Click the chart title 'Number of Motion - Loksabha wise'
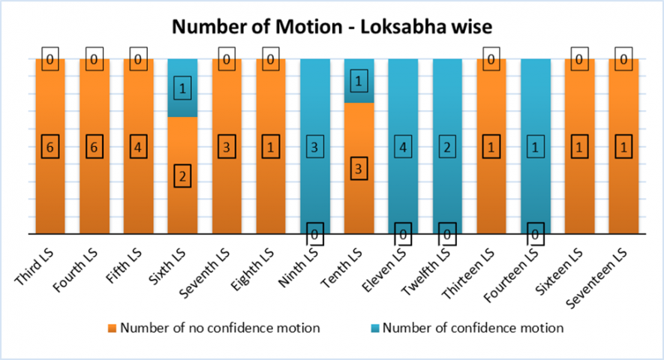click(x=332, y=28)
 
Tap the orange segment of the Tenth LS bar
click(x=359, y=195)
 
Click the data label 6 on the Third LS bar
click(x=50, y=147)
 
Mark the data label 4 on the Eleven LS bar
click(x=403, y=147)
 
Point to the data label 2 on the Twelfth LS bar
click(x=447, y=147)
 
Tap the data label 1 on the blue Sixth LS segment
click(x=182, y=88)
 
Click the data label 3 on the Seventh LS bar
click(x=226, y=147)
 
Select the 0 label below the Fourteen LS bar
click(x=536, y=235)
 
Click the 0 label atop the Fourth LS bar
click(x=94, y=59)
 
